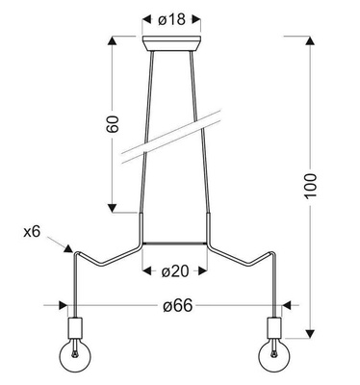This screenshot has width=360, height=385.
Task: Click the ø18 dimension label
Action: [x=174, y=17]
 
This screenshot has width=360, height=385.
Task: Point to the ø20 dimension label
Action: [x=174, y=271]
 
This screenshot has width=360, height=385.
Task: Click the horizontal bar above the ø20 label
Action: [x=174, y=243]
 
